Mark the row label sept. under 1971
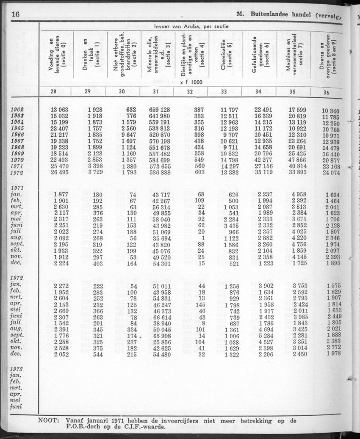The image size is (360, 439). pos(18,244)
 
